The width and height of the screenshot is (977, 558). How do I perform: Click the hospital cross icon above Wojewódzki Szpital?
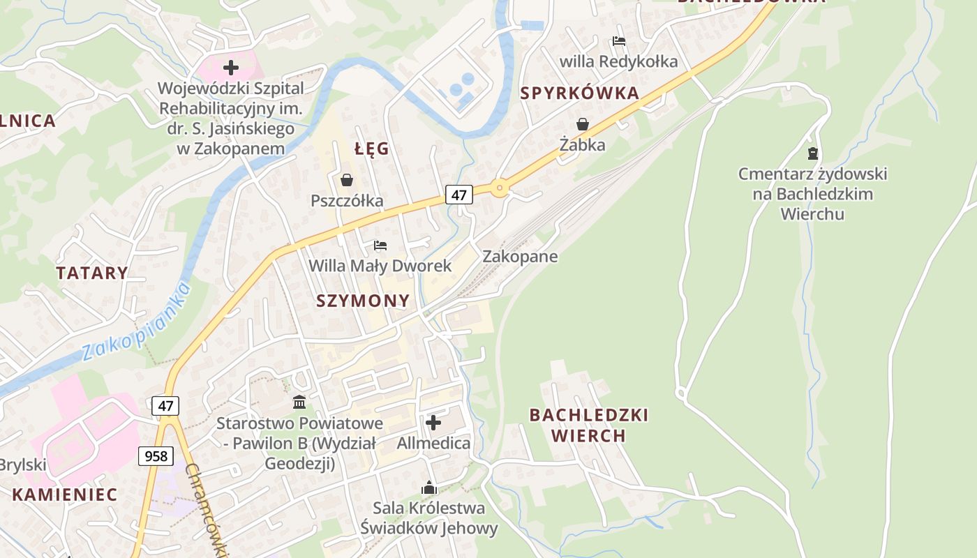(231, 68)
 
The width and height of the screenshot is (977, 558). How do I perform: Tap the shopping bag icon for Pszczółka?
(347, 181)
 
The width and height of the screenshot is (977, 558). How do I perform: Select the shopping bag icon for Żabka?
(582, 124)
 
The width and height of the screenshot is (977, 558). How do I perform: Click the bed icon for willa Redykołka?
(619, 41)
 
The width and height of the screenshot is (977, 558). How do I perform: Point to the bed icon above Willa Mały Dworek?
(380, 246)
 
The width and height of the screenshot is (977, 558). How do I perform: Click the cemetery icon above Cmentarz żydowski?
(812, 153)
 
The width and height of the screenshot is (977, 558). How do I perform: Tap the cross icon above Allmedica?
(433, 423)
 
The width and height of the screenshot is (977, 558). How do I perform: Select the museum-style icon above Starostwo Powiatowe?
(299, 402)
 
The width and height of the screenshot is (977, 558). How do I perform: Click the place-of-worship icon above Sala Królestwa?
(428, 488)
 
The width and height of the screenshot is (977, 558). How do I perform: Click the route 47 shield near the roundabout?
(458, 195)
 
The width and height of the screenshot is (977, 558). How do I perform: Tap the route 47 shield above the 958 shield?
(165, 405)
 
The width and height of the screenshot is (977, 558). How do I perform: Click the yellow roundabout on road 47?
(499, 188)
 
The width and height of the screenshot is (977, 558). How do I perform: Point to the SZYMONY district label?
(363, 301)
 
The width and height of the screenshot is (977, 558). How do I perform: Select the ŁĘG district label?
(371, 149)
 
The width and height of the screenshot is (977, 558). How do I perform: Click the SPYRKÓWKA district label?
(579, 93)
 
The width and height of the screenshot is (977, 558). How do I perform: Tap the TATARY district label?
(92, 273)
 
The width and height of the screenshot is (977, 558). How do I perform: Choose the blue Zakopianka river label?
(136, 322)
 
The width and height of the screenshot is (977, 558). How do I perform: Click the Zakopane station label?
(520, 256)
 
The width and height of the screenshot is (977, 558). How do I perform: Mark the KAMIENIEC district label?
(64, 495)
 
